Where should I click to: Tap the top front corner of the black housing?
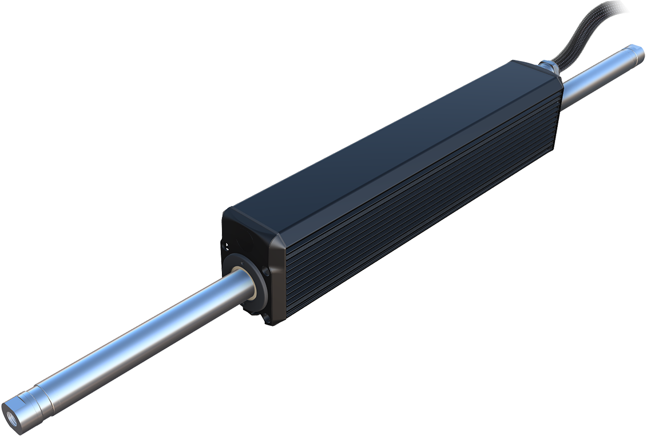(x=229, y=210)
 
